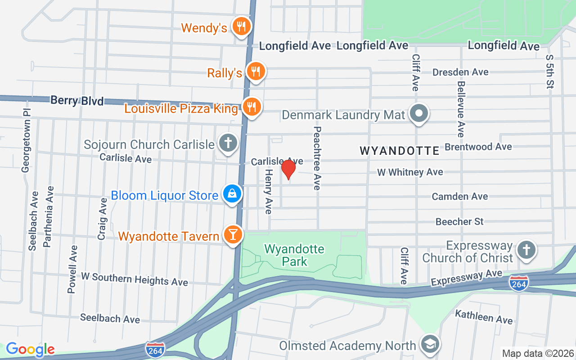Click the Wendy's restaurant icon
pyautogui.click(x=241, y=26)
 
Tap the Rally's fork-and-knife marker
pyautogui.click(x=256, y=71)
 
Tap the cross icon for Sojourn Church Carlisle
pyautogui.click(x=228, y=143)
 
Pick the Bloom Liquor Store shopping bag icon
pyautogui.click(x=232, y=194)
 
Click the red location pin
pyautogui.click(x=288, y=170)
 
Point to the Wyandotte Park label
pyautogui.click(x=294, y=255)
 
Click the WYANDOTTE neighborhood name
pyautogui.click(x=400, y=151)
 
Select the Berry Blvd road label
pyautogui.click(x=77, y=100)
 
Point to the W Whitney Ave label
pyautogui.click(x=410, y=172)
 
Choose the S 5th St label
pyautogui.click(x=549, y=72)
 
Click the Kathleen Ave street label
pyautogui.click(x=484, y=317)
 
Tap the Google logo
pyautogui.click(x=30, y=349)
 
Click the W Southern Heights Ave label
pyautogui.click(x=134, y=279)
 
